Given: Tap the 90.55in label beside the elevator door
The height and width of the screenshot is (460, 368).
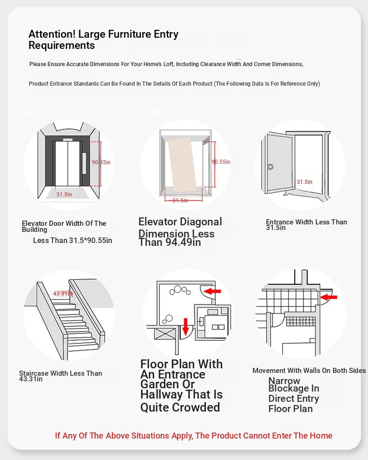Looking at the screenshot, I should (101, 162).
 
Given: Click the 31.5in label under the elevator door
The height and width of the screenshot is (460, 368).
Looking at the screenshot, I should (64, 194).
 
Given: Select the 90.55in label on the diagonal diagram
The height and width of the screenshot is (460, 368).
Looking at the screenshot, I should (221, 162).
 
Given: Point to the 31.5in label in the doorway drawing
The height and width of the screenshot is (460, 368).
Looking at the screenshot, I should (304, 182).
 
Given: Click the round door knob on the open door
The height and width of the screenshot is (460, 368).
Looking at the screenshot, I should (270, 167).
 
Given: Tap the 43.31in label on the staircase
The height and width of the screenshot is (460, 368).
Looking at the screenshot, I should (62, 293).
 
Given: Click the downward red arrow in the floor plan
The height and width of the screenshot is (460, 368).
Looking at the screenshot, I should (185, 326).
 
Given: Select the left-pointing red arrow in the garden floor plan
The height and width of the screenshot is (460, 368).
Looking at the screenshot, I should (213, 291).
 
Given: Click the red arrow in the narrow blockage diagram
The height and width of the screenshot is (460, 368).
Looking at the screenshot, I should (329, 296).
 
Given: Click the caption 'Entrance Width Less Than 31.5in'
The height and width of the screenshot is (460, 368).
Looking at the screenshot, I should (306, 225).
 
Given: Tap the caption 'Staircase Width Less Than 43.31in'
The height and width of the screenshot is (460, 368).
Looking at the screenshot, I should (60, 376).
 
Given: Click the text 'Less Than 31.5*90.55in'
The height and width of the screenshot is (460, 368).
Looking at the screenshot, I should (73, 240).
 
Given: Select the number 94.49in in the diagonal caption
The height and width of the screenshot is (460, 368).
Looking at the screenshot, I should (183, 242).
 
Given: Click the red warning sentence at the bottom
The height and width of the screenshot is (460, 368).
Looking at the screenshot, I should (193, 436).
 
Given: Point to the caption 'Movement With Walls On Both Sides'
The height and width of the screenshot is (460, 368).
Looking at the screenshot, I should (309, 371).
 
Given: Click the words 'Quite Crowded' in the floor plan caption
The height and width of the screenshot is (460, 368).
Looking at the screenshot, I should (180, 407).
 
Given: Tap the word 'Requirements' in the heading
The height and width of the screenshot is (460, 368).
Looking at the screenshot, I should (61, 45).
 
